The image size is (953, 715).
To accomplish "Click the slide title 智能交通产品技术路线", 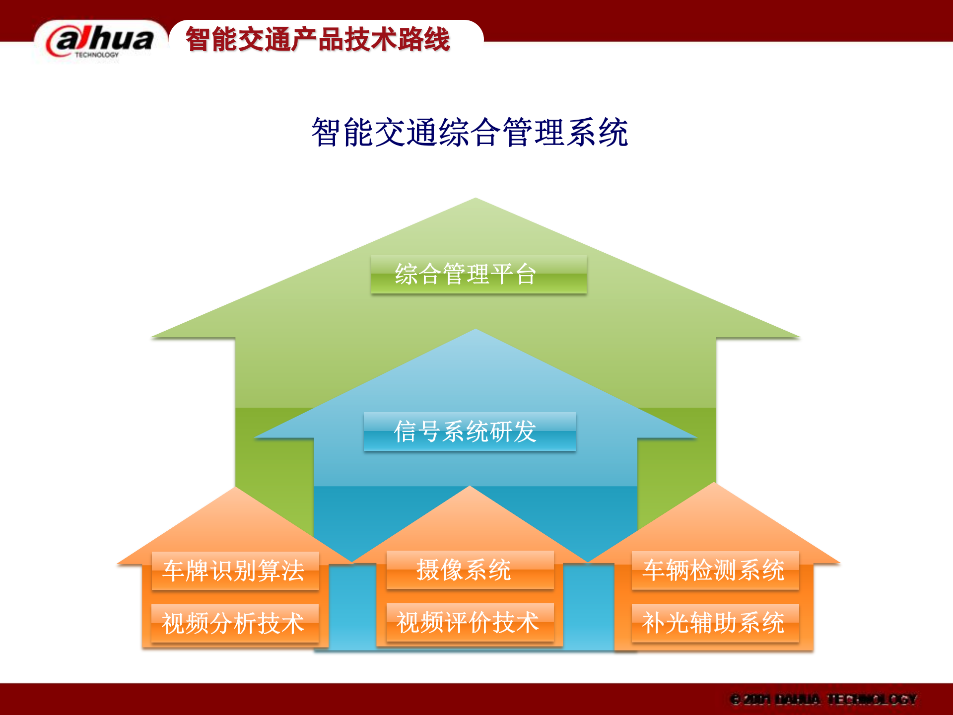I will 318,40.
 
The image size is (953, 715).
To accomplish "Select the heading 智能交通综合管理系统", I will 470,133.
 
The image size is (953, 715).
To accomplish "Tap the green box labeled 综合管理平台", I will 478,274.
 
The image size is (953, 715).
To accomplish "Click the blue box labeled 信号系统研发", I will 470,431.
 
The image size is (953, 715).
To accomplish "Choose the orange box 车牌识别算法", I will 235,571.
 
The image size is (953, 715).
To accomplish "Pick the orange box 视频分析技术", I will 235,623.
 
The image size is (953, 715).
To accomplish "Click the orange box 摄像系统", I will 470,570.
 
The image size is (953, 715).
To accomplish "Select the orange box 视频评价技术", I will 470,622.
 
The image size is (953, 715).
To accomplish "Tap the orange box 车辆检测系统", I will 715,570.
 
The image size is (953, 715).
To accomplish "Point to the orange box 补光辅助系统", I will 715,623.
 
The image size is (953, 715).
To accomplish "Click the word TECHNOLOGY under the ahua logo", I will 97,55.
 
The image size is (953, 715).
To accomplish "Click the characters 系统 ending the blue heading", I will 598,133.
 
